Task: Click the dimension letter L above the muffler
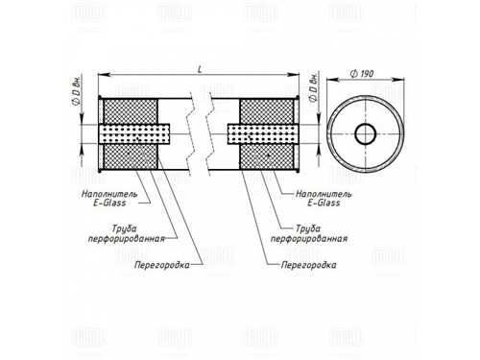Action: pos(200,69)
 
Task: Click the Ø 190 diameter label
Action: pos(362,74)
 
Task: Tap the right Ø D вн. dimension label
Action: pos(313,87)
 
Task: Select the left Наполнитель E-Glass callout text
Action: pos(109,198)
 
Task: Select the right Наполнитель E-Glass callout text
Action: pos(324,198)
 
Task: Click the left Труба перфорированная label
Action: pos(127,234)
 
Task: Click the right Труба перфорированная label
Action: pos(309,234)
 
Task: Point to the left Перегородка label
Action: pos(162,265)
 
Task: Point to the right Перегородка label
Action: pos(309,265)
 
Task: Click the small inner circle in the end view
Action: pos(366,133)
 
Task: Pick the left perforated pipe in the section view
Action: pos(134,133)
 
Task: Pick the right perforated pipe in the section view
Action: pos(262,133)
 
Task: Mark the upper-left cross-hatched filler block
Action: pos(131,111)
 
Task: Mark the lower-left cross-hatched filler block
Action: pos(131,156)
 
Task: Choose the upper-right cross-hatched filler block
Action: pos(267,111)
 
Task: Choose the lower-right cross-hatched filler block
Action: pos(267,156)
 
